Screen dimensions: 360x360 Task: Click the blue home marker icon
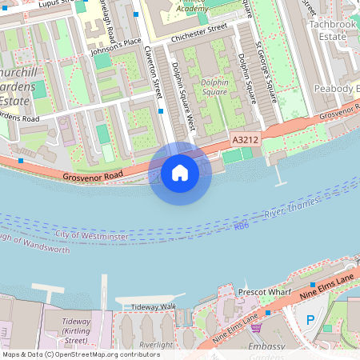click(x=180, y=172)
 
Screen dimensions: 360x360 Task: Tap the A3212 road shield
click(x=245, y=140)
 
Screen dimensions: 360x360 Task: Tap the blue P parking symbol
click(x=310, y=320)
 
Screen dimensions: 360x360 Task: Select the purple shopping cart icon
click(x=256, y=328)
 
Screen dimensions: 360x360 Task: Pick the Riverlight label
click(x=155, y=345)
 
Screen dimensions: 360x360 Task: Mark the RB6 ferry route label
click(x=242, y=226)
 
